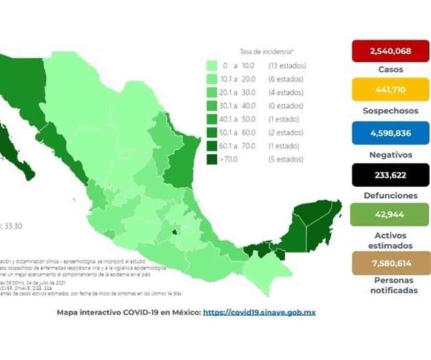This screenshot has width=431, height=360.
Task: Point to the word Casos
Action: click(390, 70)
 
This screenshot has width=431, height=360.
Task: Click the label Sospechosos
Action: click(390, 111)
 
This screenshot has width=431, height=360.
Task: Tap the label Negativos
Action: click(390, 155)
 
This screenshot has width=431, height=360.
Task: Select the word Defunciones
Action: click(390, 196)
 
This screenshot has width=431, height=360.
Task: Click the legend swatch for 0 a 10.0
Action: click(213, 66)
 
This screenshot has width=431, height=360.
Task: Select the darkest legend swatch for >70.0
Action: click(213, 159)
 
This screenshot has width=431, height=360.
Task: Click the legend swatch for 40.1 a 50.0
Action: click(213, 119)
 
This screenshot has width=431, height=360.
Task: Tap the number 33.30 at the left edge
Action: click(13, 225)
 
